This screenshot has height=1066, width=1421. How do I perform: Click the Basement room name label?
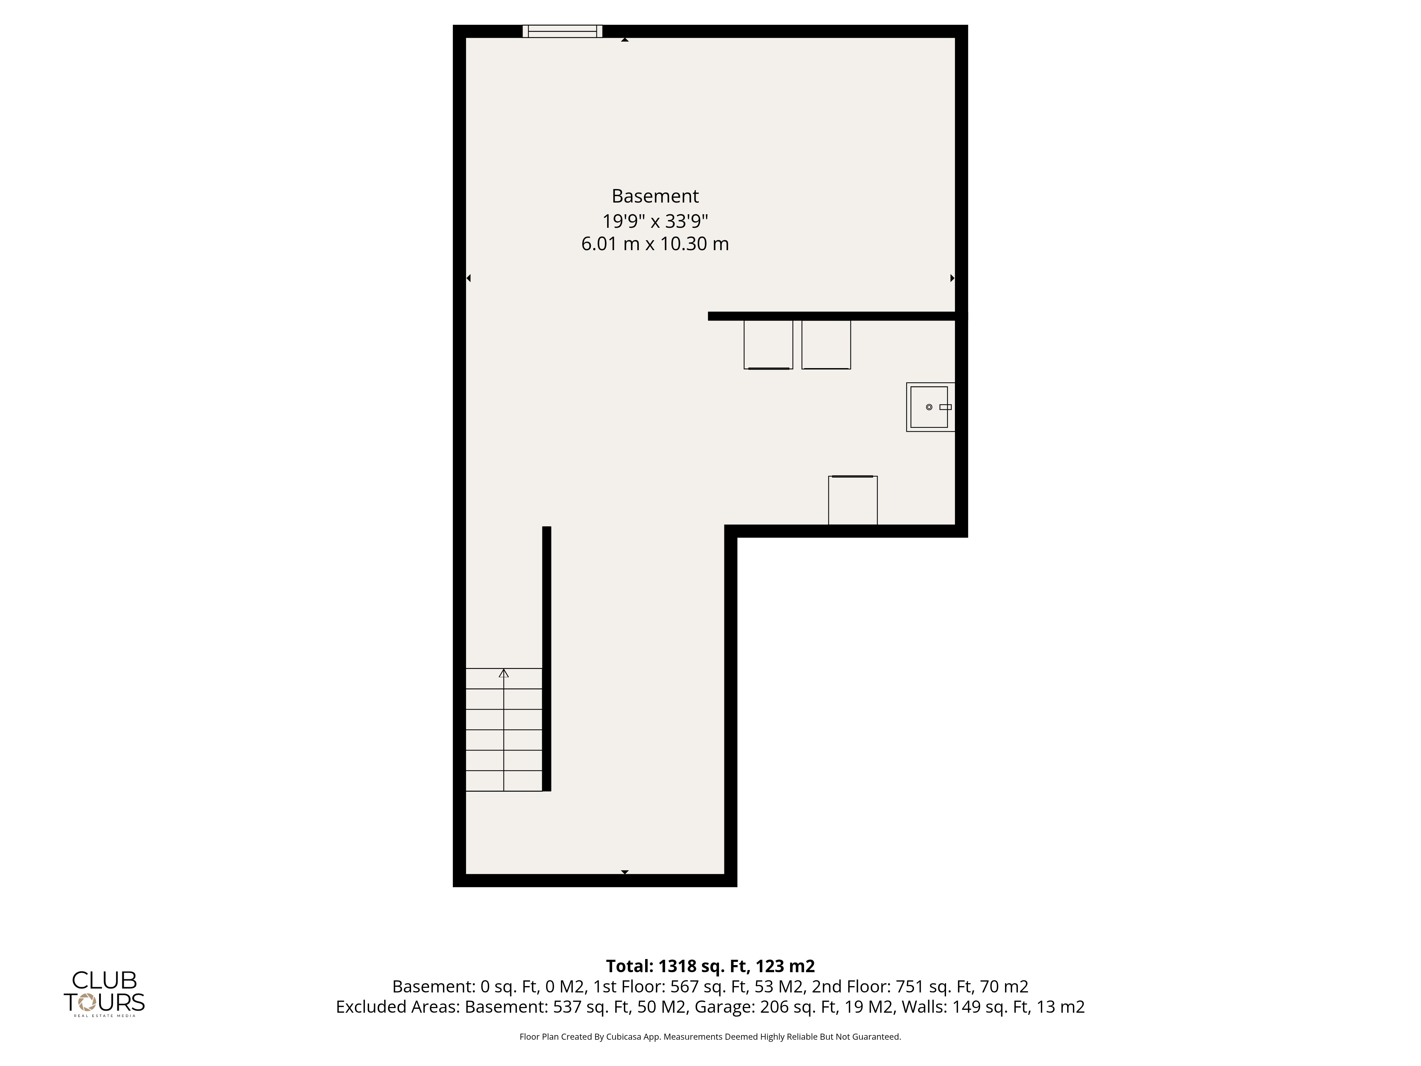(x=655, y=196)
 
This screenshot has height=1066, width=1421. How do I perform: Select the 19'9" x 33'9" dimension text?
(x=655, y=221)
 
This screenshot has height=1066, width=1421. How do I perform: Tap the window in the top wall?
(x=562, y=31)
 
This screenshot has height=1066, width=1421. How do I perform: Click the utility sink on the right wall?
(x=930, y=407)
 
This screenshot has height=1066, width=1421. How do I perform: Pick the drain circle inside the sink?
(x=929, y=407)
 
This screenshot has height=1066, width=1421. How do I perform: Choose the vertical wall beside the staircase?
(x=547, y=659)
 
